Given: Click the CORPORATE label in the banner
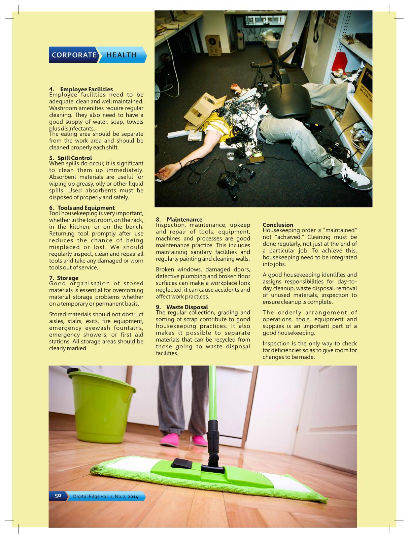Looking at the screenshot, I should pyautogui.click(x=74, y=55).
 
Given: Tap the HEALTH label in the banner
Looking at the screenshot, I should pyautogui.click(x=122, y=55).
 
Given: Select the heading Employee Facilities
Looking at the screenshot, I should pyautogui.click(x=87, y=89).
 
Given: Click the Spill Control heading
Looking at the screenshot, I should pyautogui.click(x=74, y=158).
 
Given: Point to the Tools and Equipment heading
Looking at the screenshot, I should pyautogui.click(x=86, y=208).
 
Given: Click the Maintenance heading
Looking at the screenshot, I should pyautogui.click(x=184, y=220).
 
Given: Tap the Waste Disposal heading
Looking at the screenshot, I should pyautogui.click(x=187, y=307).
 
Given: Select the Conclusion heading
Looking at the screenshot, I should pyautogui.click(x=278, y=225).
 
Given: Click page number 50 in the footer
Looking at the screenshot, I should pyautogui.click(x=58, y=496).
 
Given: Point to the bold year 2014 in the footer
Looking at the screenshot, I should pyautogui.click(x=133, y=496).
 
